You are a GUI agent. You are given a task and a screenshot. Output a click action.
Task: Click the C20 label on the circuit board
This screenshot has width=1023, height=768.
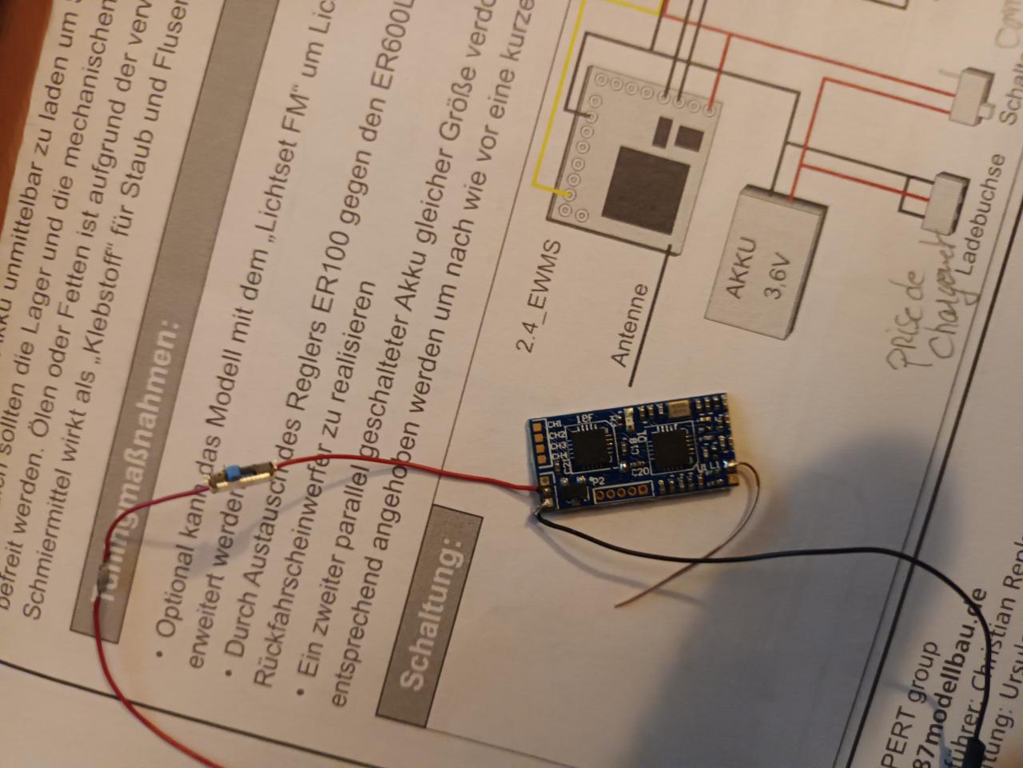[x=639, y=471]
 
